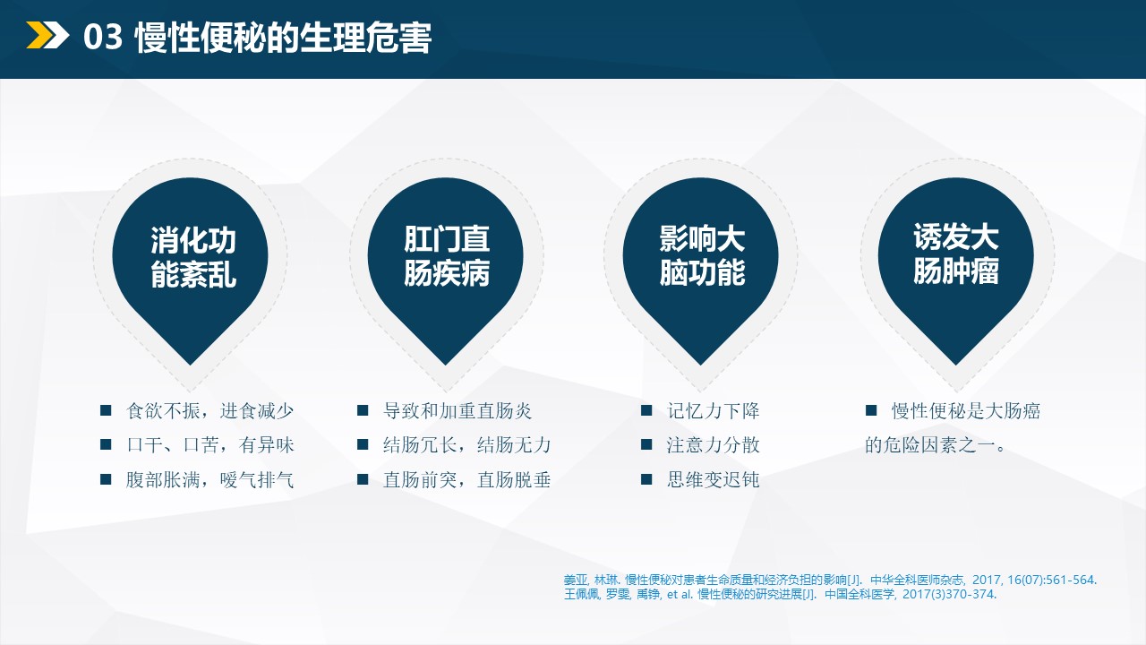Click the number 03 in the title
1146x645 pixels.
(102, 38)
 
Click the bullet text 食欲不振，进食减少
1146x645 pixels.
(210, 411)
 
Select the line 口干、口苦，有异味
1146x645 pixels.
(210, 445)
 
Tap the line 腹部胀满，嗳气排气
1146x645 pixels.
(210, 479)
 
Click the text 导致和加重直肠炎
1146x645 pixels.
(458, 411)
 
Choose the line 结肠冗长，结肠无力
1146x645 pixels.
(466, 445)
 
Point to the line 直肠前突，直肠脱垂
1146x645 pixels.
(466, 479)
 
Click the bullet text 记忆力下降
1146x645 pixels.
(713, 411)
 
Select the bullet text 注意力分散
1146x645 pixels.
(713, 445)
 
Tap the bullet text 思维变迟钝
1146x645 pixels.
(713, 479)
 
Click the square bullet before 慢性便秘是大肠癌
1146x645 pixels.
(870, 410)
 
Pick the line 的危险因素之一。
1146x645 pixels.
(936, 445)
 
